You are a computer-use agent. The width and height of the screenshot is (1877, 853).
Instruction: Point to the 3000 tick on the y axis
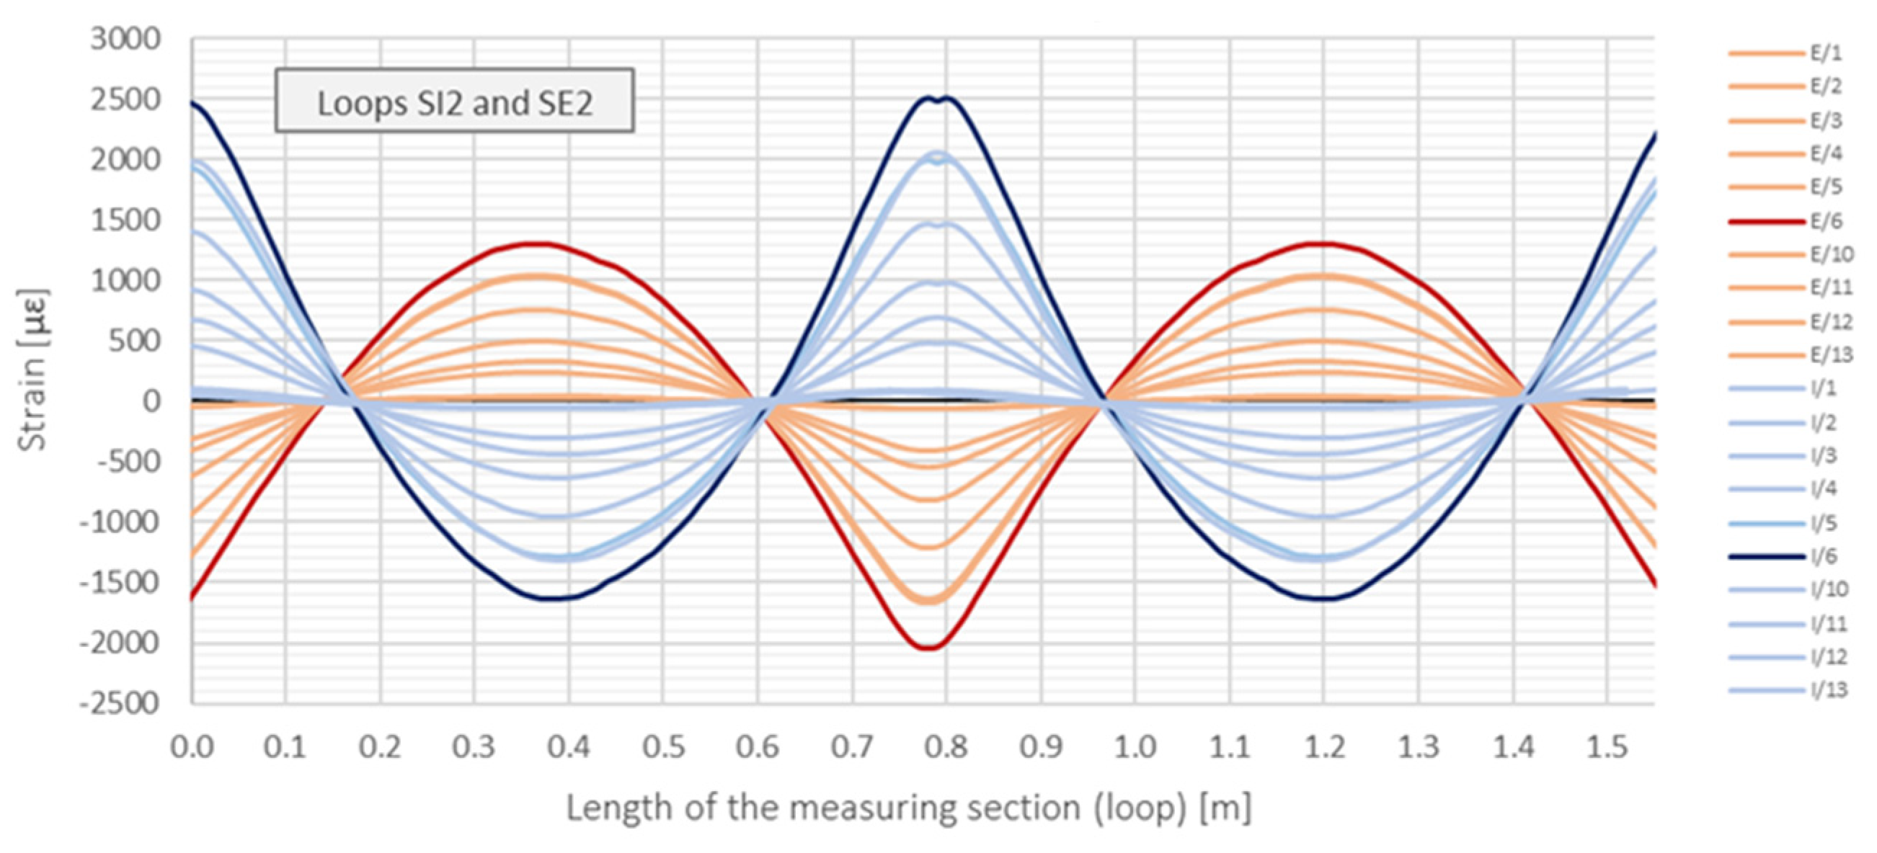(x=125, y=40)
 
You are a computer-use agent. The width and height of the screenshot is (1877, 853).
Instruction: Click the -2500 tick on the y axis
(x=120, y=704)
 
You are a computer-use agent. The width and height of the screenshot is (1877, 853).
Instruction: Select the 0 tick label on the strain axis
(x=151, y=401)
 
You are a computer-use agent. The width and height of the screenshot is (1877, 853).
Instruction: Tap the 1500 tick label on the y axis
(x=125, y=220)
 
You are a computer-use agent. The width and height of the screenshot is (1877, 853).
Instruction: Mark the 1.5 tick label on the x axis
(x=1607, y=746)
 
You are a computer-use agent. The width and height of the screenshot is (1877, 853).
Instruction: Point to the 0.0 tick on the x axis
(x=192, y=746)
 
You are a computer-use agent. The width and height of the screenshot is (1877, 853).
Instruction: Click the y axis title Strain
(x=32, y=370)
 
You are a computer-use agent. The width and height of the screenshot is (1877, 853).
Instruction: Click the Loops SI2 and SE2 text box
(x=454, y=102)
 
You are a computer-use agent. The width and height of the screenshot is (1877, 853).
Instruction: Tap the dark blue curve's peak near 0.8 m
(x=938, y=97)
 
